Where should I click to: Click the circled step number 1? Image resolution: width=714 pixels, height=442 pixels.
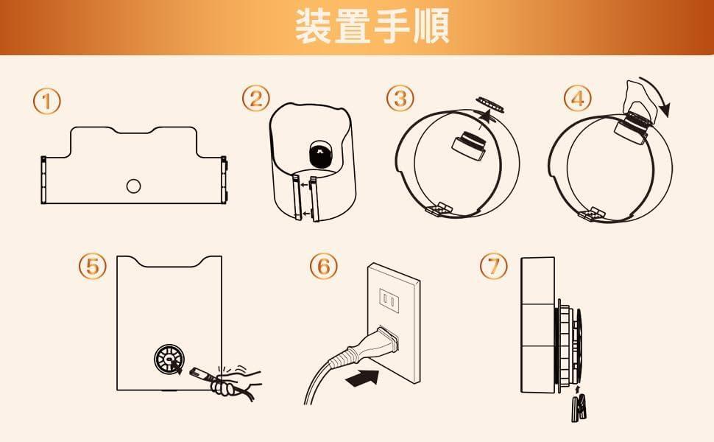tap(46, 102)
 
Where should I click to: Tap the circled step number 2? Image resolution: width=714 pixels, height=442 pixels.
tap(256, 99)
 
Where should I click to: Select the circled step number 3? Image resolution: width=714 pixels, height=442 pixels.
tap(400, 98)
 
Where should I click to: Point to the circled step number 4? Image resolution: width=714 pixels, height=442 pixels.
tap(578, 98)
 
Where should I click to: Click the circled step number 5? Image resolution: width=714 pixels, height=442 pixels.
tap(93, 266)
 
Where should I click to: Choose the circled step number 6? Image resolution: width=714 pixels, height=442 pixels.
tap(324, 266)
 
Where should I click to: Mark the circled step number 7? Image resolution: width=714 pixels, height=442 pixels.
tap(494, 266)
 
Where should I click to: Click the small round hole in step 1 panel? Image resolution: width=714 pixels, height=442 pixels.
tap(133, 186)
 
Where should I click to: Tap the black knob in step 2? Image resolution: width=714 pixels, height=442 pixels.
tap(321, 154)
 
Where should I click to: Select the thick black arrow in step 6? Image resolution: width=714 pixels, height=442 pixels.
tap(362, 378)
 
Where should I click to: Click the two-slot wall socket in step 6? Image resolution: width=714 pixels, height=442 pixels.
tap(390, 301)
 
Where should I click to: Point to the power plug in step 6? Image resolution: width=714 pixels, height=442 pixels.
tap(364, 348)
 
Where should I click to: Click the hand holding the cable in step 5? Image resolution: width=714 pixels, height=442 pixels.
tap(235, 381)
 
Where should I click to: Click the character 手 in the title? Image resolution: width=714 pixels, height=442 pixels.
tap(392, 26)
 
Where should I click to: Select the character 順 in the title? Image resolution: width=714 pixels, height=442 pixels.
tap(431, 26)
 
